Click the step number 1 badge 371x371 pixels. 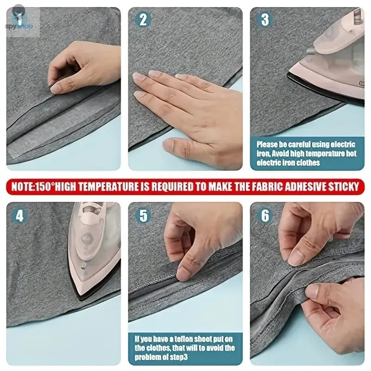[19, 20]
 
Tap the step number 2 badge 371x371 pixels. [143, 20]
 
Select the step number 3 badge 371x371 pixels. [265, 20]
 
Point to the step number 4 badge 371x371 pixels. [19, 216]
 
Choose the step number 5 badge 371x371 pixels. [143, 216]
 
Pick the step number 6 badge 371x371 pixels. [265, 216]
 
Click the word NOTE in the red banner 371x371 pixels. [24, 187]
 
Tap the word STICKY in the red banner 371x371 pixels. [342, 187]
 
